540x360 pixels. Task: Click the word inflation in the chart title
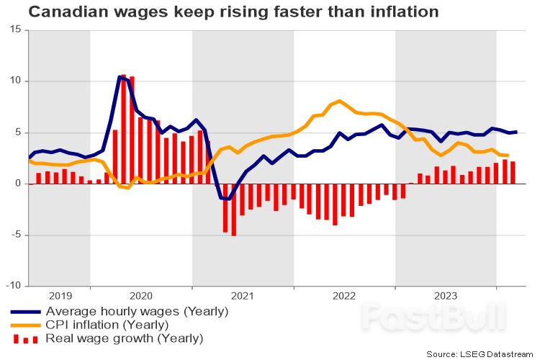tap(402, 12)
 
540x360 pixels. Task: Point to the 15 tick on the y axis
tap(17, 30)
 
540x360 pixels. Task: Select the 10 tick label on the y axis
tap(17, 81)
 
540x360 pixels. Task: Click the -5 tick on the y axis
tap(17, 235)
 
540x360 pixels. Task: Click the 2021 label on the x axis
tap(243, 295)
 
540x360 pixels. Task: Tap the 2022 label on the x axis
tap(344, 295)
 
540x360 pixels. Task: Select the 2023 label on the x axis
tap(446, 295)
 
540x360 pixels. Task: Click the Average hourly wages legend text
tap(137, 311)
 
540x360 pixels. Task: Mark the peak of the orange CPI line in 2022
tap(339, 101)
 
